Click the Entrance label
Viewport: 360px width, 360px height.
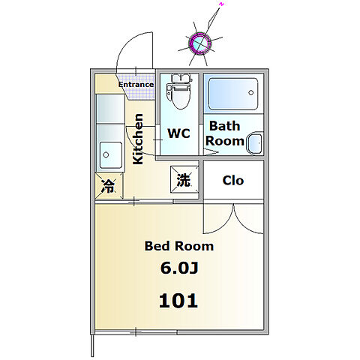(136, 85)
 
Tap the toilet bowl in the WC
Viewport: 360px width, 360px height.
(180, 96)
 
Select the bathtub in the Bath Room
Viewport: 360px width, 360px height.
(233, 94)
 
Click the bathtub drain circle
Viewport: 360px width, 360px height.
(251, 92)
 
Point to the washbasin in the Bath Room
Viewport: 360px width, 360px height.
(255, 143)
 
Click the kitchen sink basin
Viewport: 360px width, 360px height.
(111, 155)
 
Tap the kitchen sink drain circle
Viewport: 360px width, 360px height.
(106, 154)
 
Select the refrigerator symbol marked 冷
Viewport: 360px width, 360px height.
(109, 186)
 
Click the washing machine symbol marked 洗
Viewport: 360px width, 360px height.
(184, 180)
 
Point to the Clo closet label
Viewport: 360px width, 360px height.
(233, 180)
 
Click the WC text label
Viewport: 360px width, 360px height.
(178, 133)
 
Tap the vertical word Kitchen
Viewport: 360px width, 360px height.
(138, 139)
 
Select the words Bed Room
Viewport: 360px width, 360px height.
(179, 246)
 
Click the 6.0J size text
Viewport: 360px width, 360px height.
(179, 268)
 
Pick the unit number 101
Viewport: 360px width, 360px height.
(178, 301)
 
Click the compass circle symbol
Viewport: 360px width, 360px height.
(199, 43)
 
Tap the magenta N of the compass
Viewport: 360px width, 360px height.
(221, 4)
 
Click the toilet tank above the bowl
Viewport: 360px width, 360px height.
(180, 79)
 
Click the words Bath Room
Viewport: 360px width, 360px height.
(224, 133)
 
